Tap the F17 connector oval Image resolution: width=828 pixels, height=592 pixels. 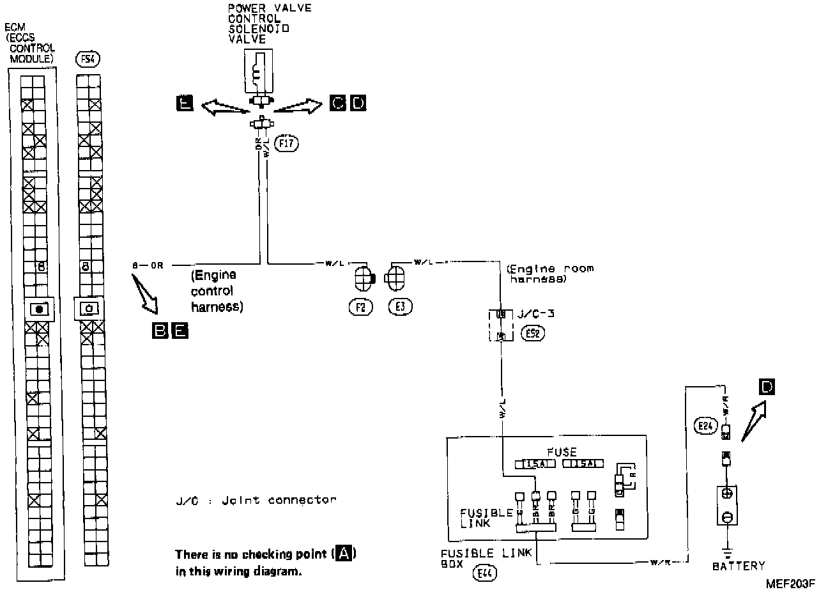point(286,143)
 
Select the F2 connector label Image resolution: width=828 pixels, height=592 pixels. point(360,307)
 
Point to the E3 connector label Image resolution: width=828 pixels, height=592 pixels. point(400,307)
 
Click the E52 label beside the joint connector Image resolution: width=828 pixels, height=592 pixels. point(533,332)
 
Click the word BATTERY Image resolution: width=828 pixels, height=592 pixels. point(738,566)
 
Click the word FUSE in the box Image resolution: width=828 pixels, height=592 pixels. point(562,452)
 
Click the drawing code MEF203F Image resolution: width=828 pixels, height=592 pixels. point(792,583)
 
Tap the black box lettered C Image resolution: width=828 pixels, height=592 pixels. point(338,102)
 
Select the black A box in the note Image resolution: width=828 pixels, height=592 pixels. point(344,554)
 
